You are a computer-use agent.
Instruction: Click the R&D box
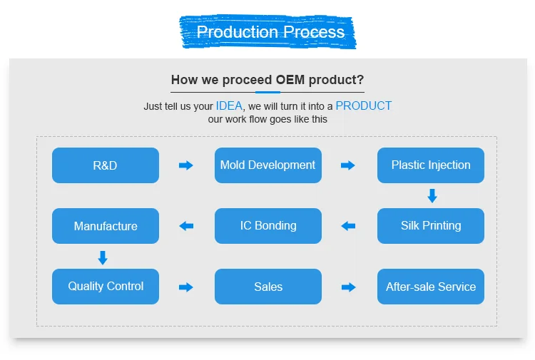coord(106,165)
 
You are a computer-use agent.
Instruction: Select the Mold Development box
coord(267,165)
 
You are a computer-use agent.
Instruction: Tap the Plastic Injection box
coord(430,165)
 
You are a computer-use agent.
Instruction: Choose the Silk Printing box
coord(430,226)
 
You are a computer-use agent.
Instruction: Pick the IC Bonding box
coord(267,226)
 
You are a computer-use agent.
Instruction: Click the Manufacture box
coord(106,226)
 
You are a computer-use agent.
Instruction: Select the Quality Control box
coord(106,287)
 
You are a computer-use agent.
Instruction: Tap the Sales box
coord(267,287)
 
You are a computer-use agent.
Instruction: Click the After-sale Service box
coord(430,287)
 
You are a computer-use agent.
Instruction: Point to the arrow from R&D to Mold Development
coord(186,165)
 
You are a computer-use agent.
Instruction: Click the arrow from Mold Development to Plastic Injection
coord(348,165)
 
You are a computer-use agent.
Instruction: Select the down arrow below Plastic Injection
coord(432,195)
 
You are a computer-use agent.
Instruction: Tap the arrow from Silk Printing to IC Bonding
coord(348,226)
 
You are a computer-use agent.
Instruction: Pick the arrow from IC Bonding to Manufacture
coord(186,226)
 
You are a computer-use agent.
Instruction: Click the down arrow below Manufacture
coord(103,257)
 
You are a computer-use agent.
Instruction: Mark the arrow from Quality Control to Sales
coord(186,287)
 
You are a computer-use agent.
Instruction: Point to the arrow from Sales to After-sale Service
coord(348,287)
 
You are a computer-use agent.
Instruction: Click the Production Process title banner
coord(270,32)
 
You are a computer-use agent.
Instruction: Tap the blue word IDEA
coord(229,106)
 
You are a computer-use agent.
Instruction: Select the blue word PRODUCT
coord(363,106)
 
